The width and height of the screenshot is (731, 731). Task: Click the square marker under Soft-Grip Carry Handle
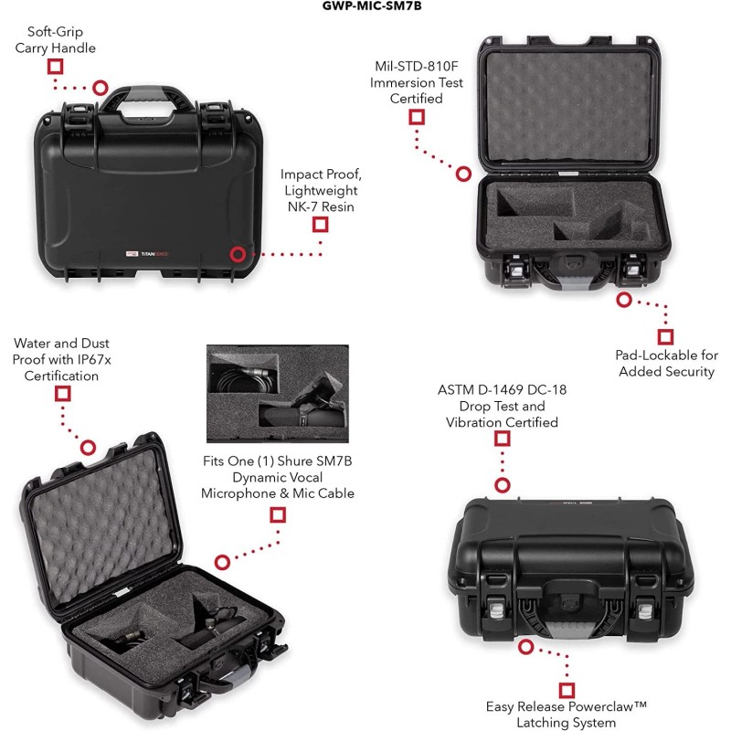(x=55, y=66)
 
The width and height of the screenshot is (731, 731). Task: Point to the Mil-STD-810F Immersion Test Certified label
(x=417, y=82)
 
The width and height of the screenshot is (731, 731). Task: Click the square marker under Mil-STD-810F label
(x=417, y=116)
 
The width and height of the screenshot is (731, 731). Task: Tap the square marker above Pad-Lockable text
(x=665, y=336)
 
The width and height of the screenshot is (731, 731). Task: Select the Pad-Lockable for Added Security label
(x=666, y=363)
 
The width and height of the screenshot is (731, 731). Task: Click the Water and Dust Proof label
(x=61, y=359)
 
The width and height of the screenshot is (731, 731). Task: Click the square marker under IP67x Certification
(x=63, y=394)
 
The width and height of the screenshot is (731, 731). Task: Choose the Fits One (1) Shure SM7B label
(x=277, y=477)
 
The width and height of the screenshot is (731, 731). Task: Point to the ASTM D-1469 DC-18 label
(x=502, y=406)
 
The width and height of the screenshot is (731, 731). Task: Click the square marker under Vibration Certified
(x=502, y=439)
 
